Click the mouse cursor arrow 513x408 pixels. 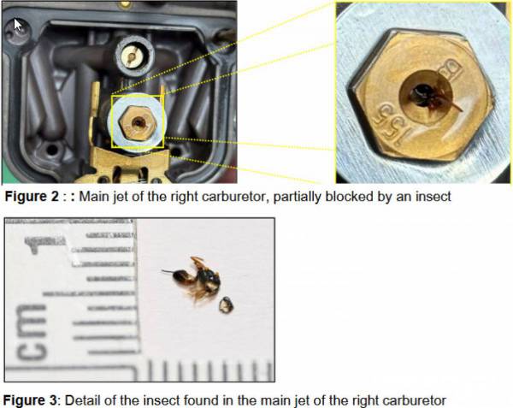(18, 25)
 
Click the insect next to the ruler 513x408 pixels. (195, 279)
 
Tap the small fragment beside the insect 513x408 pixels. (226, 305)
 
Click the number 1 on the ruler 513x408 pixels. (37, 245)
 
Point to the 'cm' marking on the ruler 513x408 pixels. (31, 332)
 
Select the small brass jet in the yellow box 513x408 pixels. (137, 122)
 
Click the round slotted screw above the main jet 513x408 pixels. (134, 56)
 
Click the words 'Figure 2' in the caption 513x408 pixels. (32, 197)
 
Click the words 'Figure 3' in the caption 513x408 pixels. (30, 400)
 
